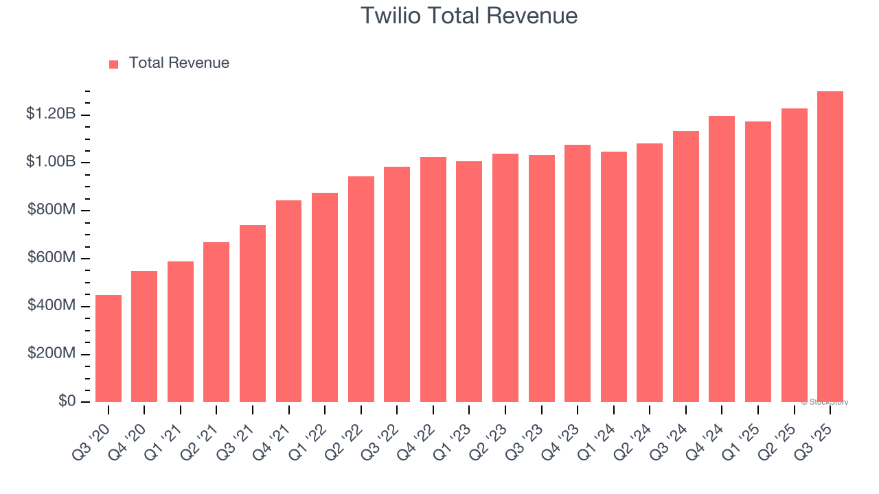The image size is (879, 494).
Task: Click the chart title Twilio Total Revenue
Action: tap(468, 16)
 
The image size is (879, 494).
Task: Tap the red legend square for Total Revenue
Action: tap(114, 64)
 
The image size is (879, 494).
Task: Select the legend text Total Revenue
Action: tap(179, 63)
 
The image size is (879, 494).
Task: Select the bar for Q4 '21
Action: tap(288, 301)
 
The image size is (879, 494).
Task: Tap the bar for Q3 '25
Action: tap(830, 247)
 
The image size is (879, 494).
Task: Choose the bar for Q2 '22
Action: tap(361, 289)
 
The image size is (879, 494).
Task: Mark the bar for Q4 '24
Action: tap(722, 259)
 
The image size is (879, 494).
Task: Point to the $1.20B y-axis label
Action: tap(51, 114)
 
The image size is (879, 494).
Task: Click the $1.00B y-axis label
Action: tap(51, 162)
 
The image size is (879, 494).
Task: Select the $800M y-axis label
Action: tap(52, 210)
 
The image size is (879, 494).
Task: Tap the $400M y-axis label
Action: tap(52, 305)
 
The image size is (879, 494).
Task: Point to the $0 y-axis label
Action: tap(67, 401)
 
